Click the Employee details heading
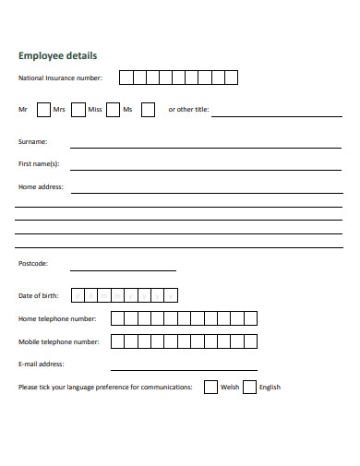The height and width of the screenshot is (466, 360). [x=57, y=55]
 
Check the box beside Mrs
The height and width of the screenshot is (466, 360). [x=78, y=110]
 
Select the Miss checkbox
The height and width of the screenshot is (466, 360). [x=113, y=110]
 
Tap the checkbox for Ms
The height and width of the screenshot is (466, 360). [x=148, y=110]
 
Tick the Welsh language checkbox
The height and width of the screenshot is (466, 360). [x=210, y=388]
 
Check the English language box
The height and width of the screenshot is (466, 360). [x=249, y=388]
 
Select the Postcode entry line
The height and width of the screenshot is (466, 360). [x=123, y=269]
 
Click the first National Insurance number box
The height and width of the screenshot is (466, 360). [x=126, y=78]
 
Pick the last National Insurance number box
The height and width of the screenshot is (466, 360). [x=232, y=78]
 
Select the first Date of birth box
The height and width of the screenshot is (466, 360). [x=78, y=295]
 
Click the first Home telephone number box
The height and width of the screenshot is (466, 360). [x=117, y=318]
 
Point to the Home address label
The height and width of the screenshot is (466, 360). [x=41, y=186]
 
